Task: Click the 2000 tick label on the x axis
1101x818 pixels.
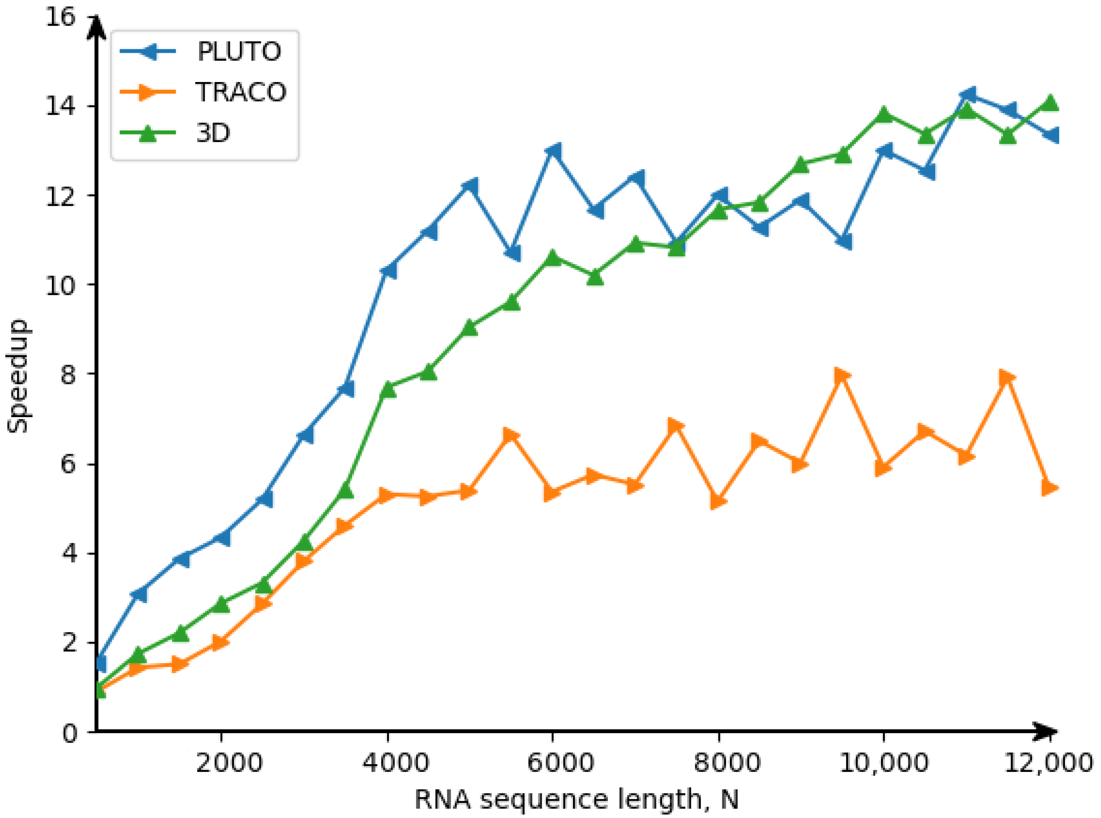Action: [229, 763]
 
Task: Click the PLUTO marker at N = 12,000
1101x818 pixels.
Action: [1050, 135]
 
